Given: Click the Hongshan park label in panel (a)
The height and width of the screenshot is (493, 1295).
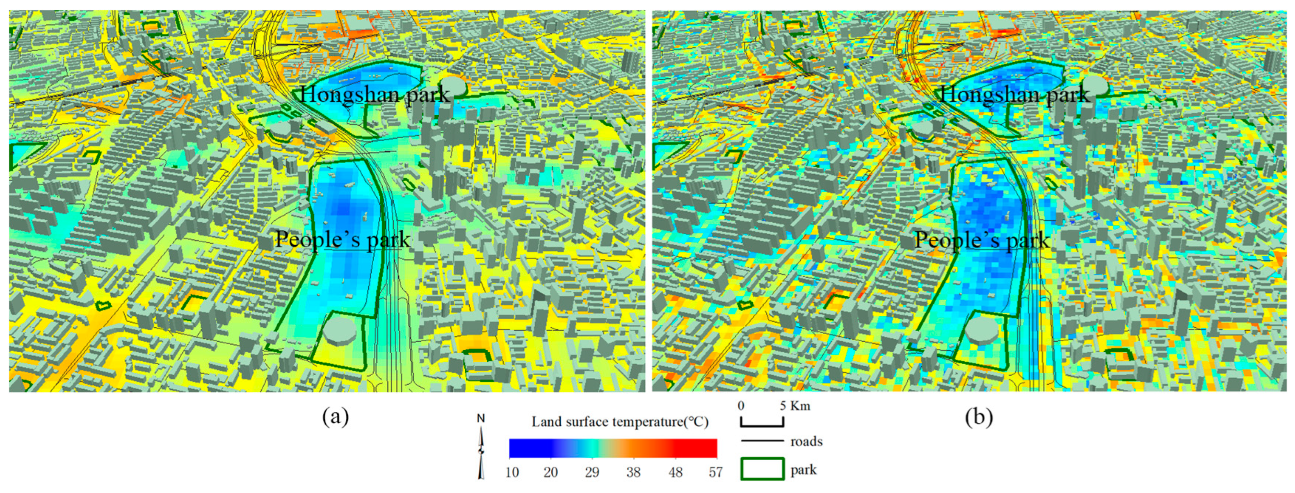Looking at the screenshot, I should tap(375, 94).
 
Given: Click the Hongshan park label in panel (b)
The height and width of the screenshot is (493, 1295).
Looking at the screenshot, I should tap(1014, 94).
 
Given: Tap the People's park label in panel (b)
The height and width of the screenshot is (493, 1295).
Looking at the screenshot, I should tap(981, 240).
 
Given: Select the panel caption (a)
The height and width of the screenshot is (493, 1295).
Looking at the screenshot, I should tap(335, 417).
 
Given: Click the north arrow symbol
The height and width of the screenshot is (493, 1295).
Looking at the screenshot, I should tap(481, 447).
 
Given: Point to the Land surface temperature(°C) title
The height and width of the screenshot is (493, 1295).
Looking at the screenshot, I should tap(620, 422).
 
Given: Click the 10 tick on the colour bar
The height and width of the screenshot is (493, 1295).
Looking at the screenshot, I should tap(512, 472).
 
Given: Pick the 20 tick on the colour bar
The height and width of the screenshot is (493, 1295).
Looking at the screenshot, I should tap(551, 472).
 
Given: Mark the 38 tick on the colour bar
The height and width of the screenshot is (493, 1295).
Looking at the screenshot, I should tap(633, 472).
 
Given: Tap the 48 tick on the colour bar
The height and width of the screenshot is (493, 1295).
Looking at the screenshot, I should tap(675, 472).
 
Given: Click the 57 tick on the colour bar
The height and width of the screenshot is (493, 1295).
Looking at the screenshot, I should tap(715, 472).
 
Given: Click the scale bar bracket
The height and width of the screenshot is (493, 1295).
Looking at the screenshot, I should tap(762, 422).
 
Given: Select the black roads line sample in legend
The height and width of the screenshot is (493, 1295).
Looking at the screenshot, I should tap(762, 441).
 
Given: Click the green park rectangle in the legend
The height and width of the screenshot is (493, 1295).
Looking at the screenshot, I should tap(762, 469).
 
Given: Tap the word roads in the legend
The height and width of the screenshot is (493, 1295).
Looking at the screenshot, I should tap(806, 441).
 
